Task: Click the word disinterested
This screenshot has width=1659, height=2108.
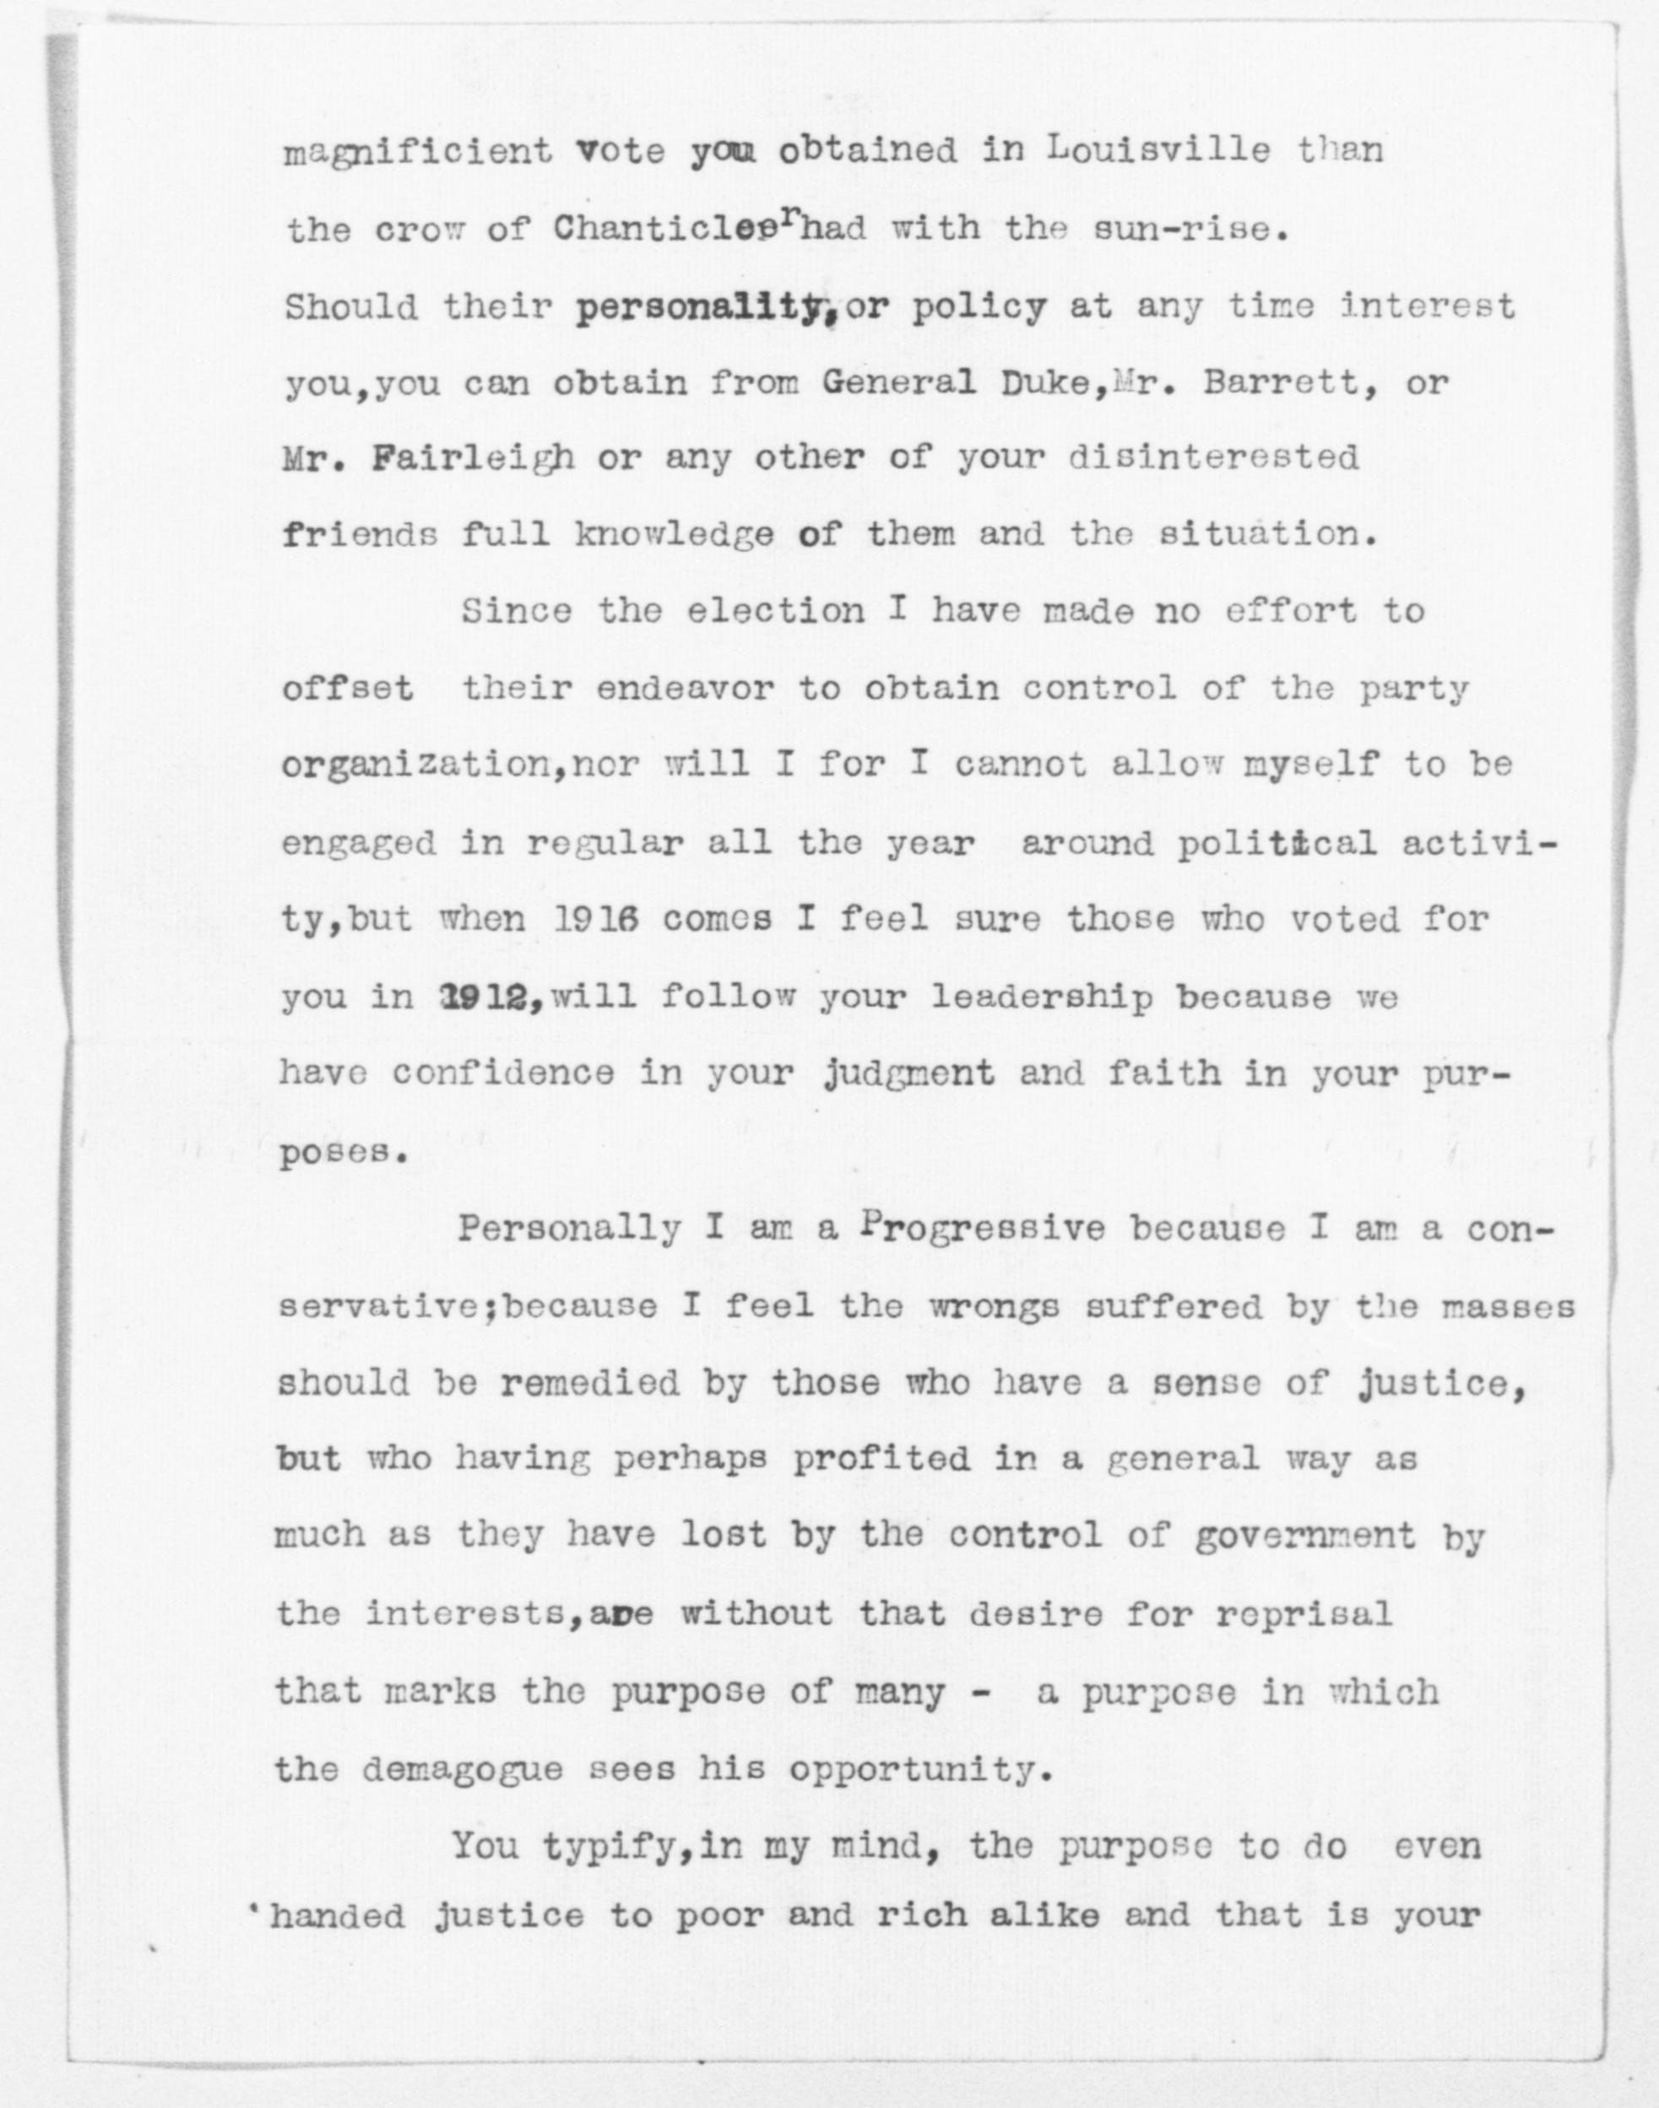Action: click(1213, 457)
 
